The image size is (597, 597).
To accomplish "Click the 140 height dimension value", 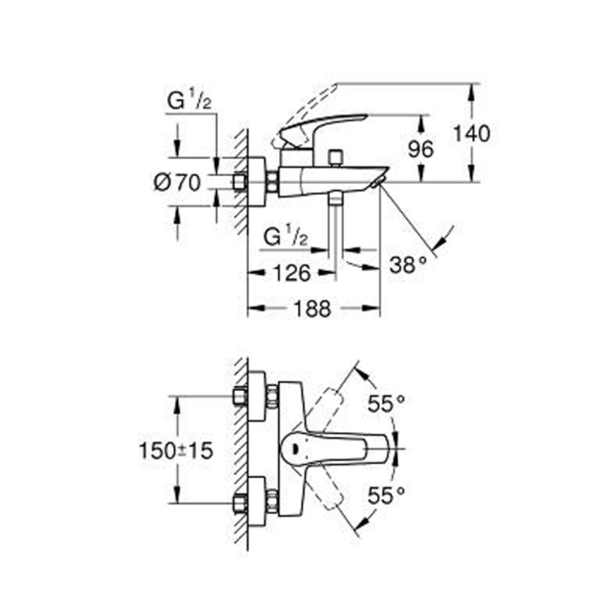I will tap(470, 134).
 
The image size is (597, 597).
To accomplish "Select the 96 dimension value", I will tap(421, 149).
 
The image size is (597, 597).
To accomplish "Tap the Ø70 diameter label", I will tap(177, 182).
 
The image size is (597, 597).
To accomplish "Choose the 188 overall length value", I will tap(312, 309).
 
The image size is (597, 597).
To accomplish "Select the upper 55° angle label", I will tap(386, 405).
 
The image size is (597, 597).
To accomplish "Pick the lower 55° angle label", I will tap(386, 495).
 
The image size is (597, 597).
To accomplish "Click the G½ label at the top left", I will tap(189, 101).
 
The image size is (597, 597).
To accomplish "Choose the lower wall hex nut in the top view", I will tap(240, 503).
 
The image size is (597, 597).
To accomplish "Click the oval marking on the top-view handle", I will tap(294, 448).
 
